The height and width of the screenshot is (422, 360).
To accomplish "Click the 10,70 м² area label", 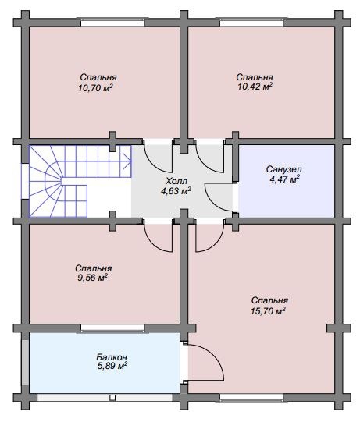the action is point(95,87).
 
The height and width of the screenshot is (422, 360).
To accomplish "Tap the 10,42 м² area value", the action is point(255,87).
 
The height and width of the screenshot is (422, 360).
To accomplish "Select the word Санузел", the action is point(284,169).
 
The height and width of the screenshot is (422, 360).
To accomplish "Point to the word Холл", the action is point(176,180).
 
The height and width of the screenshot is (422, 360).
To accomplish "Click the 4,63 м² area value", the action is point(176,190).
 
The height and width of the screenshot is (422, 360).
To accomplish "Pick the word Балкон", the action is point(112,357).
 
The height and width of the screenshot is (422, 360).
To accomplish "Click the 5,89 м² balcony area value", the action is point(112,366).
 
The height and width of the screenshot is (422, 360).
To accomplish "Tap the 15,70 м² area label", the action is point(268,311).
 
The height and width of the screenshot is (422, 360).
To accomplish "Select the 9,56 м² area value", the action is point(93,278).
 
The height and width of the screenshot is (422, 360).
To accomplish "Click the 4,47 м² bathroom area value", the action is point(284,179).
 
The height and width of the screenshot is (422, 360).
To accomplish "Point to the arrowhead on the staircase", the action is point(128,161).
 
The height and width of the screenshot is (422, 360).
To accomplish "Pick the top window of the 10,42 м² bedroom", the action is point(251,23).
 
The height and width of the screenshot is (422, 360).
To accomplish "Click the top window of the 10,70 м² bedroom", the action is point(112,23).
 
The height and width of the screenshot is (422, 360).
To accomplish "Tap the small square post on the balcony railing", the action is point(112,398).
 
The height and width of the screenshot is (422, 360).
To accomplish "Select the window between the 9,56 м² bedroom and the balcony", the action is point(112,328).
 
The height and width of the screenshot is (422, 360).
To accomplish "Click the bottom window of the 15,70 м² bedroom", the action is point(251,398).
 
